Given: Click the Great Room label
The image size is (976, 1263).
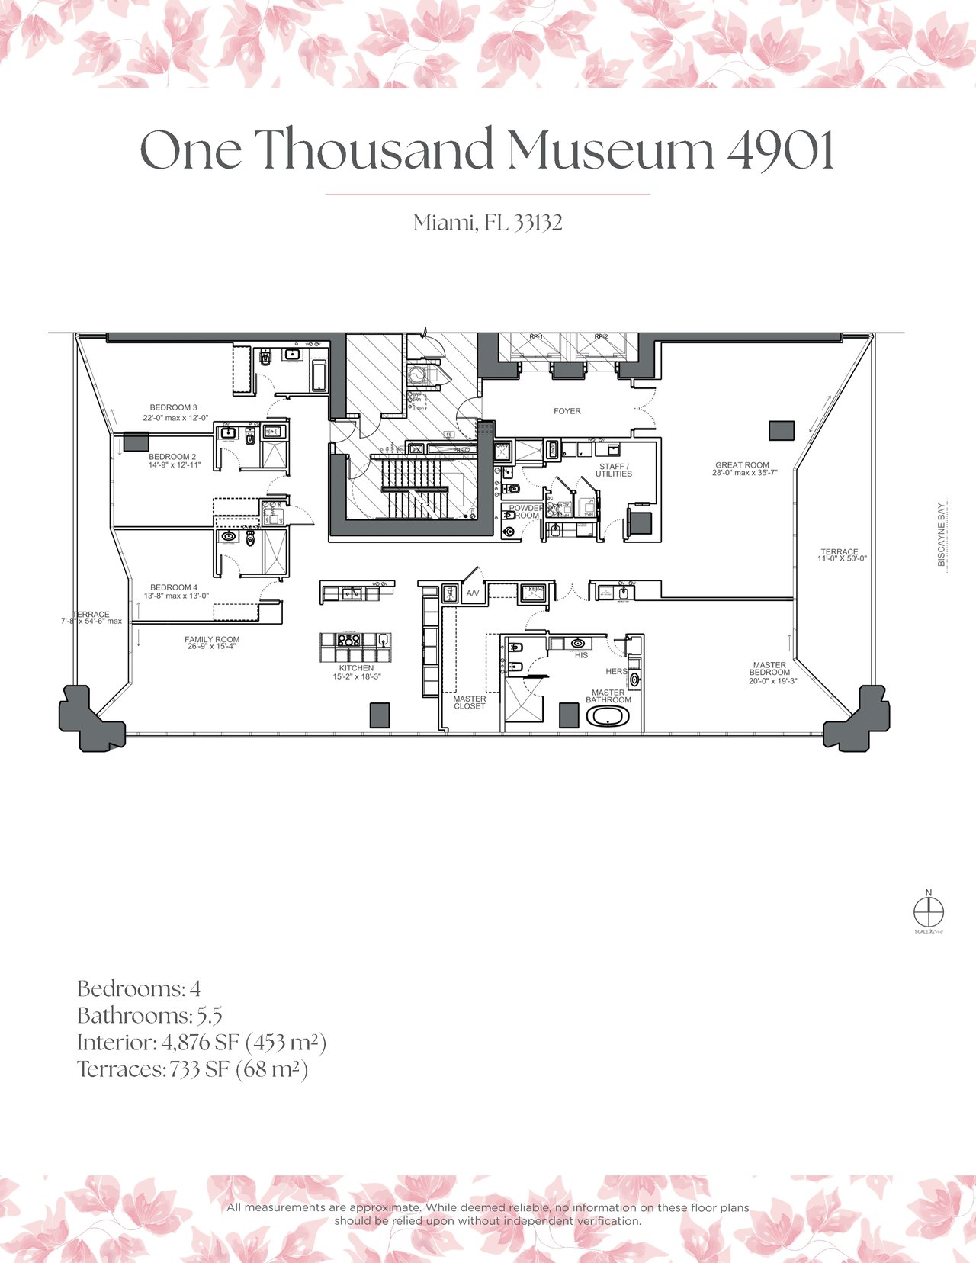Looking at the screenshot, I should (742, 464).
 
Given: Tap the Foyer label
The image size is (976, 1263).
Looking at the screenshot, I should (567, 411).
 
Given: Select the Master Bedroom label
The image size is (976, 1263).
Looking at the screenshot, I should (769, 669).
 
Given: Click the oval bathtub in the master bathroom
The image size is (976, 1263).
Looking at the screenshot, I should (608, 717).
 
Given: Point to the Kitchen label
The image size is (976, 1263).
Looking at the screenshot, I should (357, 668).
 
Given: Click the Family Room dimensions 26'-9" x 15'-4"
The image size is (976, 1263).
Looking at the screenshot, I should (212, 647).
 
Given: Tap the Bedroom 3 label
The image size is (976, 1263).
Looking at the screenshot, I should (173, 407).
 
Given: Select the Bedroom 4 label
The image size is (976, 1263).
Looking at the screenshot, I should (174, 587).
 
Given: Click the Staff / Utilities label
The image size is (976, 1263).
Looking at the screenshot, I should (614, 470).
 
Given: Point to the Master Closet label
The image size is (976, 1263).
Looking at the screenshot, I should (469, 702).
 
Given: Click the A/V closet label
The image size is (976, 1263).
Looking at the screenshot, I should (473, 593).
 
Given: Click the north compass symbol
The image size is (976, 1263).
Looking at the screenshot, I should (928, 911).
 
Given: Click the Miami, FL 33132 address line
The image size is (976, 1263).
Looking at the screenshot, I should (488, 223).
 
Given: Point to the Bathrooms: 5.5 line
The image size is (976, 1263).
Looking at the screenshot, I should (149, 1016).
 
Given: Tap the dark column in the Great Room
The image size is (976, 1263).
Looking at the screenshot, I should (781, 430).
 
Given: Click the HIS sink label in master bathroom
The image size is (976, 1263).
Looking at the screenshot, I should (581, 655).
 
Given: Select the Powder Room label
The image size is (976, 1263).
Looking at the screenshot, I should (525, 512).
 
